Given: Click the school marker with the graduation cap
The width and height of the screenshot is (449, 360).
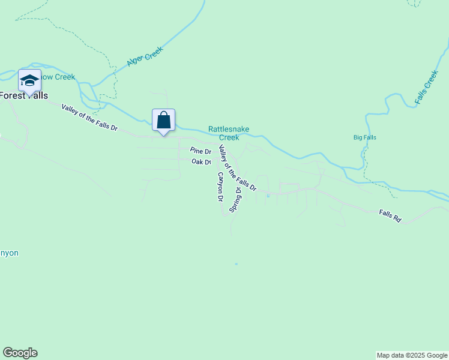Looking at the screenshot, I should click(29, 80).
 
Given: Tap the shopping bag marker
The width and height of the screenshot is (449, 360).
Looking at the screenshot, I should click(163, 120).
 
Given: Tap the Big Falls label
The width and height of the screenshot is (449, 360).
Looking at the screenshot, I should click(365, 137).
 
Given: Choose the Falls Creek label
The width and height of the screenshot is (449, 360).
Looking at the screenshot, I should click(427, 88).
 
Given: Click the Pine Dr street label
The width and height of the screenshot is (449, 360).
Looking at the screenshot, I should click(200, 151).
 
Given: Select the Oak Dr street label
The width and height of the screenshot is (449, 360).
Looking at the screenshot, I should click(201, 162).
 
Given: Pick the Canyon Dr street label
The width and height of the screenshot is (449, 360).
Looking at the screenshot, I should click(220, 186).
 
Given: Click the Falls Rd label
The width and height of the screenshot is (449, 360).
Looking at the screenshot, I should click(390, 215).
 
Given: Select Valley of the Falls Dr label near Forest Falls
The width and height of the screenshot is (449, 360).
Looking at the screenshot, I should click(90, 117).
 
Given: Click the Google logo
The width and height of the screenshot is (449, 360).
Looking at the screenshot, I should click(20, 353).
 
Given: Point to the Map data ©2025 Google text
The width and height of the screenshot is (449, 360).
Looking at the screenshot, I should click(412, 355).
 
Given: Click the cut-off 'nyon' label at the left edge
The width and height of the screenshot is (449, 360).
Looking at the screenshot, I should click(9, 253).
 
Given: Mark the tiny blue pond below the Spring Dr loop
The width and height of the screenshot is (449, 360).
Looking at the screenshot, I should click(237, 263).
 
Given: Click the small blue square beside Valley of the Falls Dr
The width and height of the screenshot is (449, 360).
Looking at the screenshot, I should click(268, 195).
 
